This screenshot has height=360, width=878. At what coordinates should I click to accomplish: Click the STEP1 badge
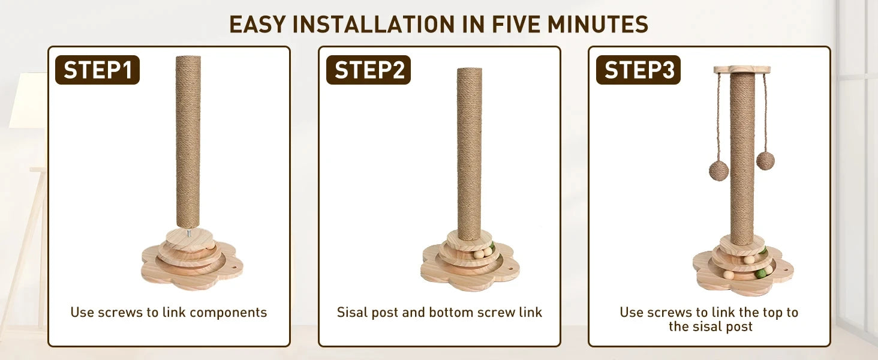(97, 70)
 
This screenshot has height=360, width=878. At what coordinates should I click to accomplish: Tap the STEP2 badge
(368, 70)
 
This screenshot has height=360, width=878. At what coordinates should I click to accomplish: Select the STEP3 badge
(638, 70)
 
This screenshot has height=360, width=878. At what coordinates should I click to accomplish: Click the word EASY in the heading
(257, 25)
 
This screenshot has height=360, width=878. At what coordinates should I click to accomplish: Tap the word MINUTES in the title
(597, 25)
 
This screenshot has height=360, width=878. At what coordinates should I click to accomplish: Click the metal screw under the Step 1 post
(188, 233)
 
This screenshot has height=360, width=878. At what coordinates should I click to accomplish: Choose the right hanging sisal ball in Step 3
(765, 160)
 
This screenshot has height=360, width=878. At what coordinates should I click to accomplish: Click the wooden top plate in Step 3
(742, 70)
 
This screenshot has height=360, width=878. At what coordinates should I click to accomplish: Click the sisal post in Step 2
(469, 154)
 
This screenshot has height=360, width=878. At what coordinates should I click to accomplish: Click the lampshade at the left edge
(28, 100)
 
